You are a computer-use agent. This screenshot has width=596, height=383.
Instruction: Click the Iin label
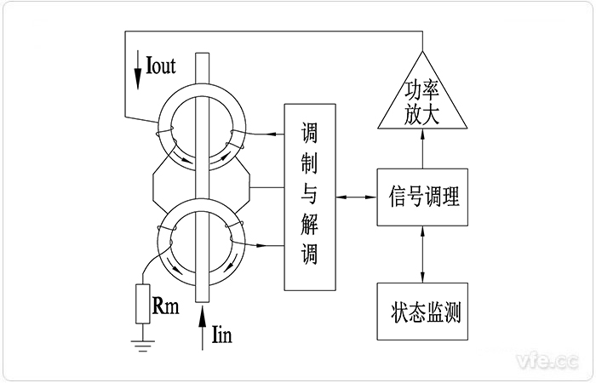pos(221,334)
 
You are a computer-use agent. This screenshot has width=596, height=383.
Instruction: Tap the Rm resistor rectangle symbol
pos(142,304)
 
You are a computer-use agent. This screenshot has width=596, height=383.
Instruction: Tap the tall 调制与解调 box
pos(309,196)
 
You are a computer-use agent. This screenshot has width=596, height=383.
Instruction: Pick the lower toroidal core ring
pos(200,244)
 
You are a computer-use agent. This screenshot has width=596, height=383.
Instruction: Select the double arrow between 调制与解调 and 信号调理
pos(356,197)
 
